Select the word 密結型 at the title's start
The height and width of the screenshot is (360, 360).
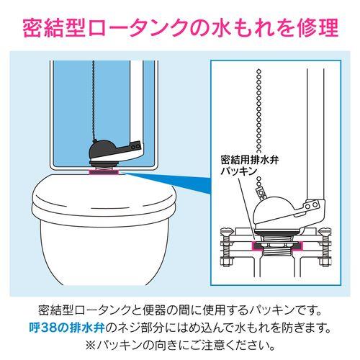(53, 30)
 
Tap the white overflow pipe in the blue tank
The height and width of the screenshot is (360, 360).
(137, 108)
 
